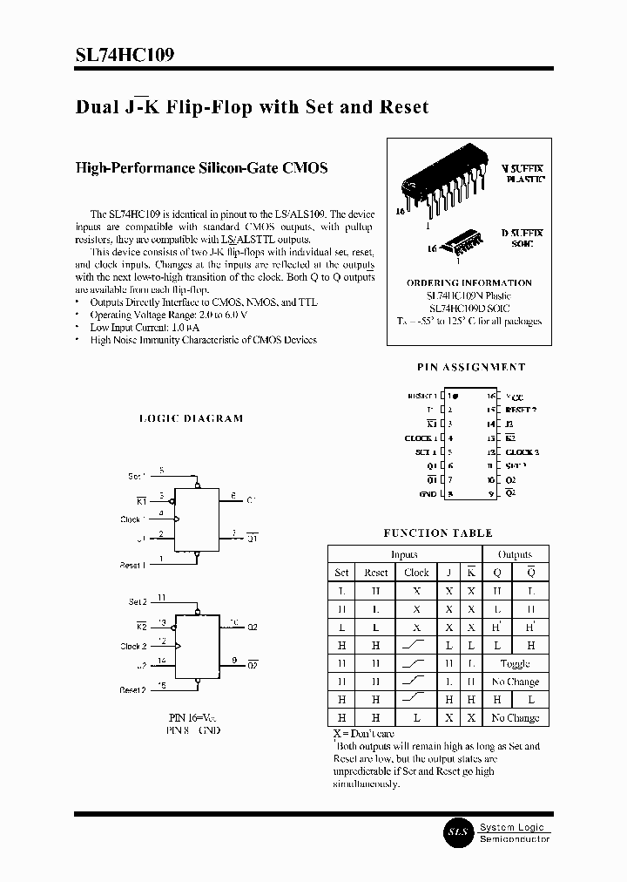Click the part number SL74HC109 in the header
[x=125, y=55]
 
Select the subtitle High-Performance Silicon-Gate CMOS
[x=201, y=167]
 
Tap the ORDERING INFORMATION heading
[x=469, y=282]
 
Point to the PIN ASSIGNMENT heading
[x=469, y=368]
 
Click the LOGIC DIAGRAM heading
[x=192, y=418]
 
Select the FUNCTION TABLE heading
[x=438, y=533]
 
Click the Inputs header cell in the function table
[x=404, y=554]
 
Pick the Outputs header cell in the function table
[x=515, y=554]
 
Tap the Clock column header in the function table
[x=416, y=573]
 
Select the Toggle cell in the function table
[x=515, y=663]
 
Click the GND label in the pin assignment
[x=427, y=494]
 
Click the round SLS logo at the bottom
[x=458, y=832]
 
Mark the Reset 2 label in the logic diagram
[x=132, y=689]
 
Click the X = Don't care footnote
[x=363, y=734]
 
